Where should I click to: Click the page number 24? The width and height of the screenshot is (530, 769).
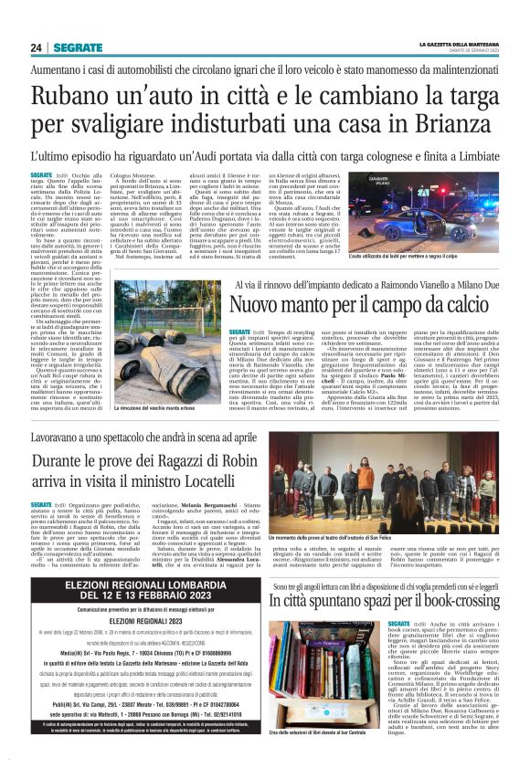[x=36, y=48]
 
